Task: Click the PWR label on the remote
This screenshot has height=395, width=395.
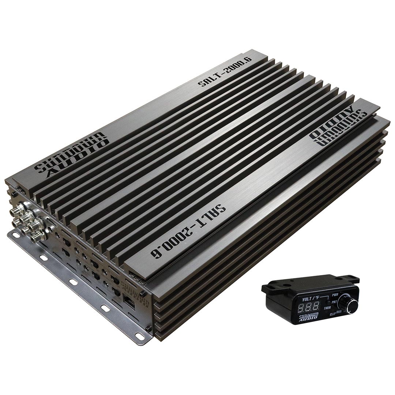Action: (335, 294)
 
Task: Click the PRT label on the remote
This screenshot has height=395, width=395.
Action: (334, 302)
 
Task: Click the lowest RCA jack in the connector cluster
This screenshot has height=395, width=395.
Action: (37, 237)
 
